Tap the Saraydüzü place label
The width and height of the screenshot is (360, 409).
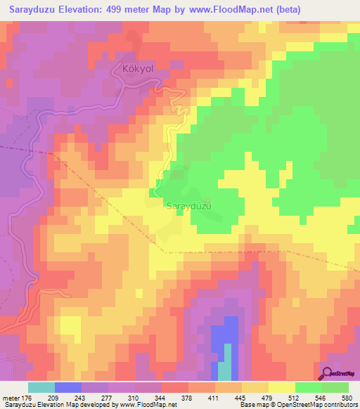coord(189,206)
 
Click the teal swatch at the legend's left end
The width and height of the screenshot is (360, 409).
coord(41,387)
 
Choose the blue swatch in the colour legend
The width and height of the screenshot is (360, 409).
coord(68,387)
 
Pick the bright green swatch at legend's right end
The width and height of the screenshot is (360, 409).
coord(335,387)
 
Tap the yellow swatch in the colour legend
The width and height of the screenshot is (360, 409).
coord(281,387)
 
